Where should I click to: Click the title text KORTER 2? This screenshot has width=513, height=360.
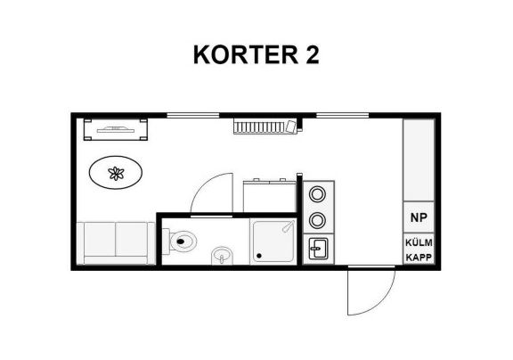tap(256, 54)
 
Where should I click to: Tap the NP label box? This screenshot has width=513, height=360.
tap(419, 217)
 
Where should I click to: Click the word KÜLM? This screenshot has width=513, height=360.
tap(419, 242)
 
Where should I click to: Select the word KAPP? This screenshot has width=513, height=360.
tap(419, 258)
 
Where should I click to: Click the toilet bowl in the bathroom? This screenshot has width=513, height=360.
tap(181, 241)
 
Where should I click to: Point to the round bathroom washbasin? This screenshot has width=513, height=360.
tap(222, 256)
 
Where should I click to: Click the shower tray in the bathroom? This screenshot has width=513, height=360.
tap(273, 241)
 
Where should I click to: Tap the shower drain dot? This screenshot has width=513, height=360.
tap(259, 256)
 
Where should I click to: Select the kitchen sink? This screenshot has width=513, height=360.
tap(318, 249)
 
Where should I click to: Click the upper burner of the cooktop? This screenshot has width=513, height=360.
tap(317, 194)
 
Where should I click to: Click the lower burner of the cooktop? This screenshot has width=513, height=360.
tap(317, 220)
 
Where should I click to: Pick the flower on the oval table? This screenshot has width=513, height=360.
tap(116, 173)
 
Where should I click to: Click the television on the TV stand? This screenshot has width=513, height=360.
tap(116, 130)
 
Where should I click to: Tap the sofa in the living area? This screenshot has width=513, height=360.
tap(116, 243)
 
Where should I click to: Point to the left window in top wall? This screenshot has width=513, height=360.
tap(193, 115)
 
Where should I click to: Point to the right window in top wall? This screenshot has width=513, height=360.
tap(343, 115)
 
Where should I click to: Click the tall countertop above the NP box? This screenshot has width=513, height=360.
tap(419, 160)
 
